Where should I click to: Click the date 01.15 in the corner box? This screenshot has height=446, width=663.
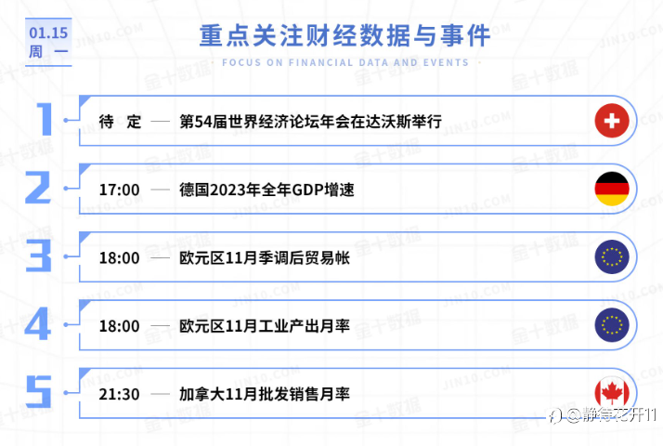tap(48, 33)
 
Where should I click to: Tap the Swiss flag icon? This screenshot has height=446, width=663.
tap(612, 121)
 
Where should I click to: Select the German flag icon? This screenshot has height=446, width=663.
tap(612, 189)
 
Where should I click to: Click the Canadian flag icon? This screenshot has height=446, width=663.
tap(612, 393)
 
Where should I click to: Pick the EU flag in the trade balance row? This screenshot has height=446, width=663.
tap(612, 256)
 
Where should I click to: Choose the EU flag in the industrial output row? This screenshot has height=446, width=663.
tap(612, 325)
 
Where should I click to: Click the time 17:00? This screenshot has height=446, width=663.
tap(119, 190)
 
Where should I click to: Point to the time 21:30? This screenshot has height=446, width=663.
tap(119, 394)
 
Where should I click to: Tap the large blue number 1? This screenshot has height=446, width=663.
tap(45, 119)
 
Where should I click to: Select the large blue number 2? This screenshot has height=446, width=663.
tap(38, 188)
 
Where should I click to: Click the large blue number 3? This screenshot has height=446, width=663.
tap(38, 256)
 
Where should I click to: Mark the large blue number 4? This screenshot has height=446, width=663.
tap(38, 324)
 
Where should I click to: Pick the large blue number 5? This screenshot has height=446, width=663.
tap(38, 392)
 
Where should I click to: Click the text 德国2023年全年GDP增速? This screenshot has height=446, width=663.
tap(266, 190)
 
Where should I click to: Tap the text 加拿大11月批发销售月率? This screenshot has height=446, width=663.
tap(265, 394)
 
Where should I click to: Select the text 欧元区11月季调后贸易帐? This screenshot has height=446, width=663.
tap(265, 257)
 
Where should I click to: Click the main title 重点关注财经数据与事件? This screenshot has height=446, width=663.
tap(344, 35)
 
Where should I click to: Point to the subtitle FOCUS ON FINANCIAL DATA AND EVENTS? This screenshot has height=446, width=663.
tap(345, 62)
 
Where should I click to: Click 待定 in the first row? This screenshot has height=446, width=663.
tap(120, 122)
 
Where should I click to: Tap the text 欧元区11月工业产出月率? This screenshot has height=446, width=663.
tap(265, 326)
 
